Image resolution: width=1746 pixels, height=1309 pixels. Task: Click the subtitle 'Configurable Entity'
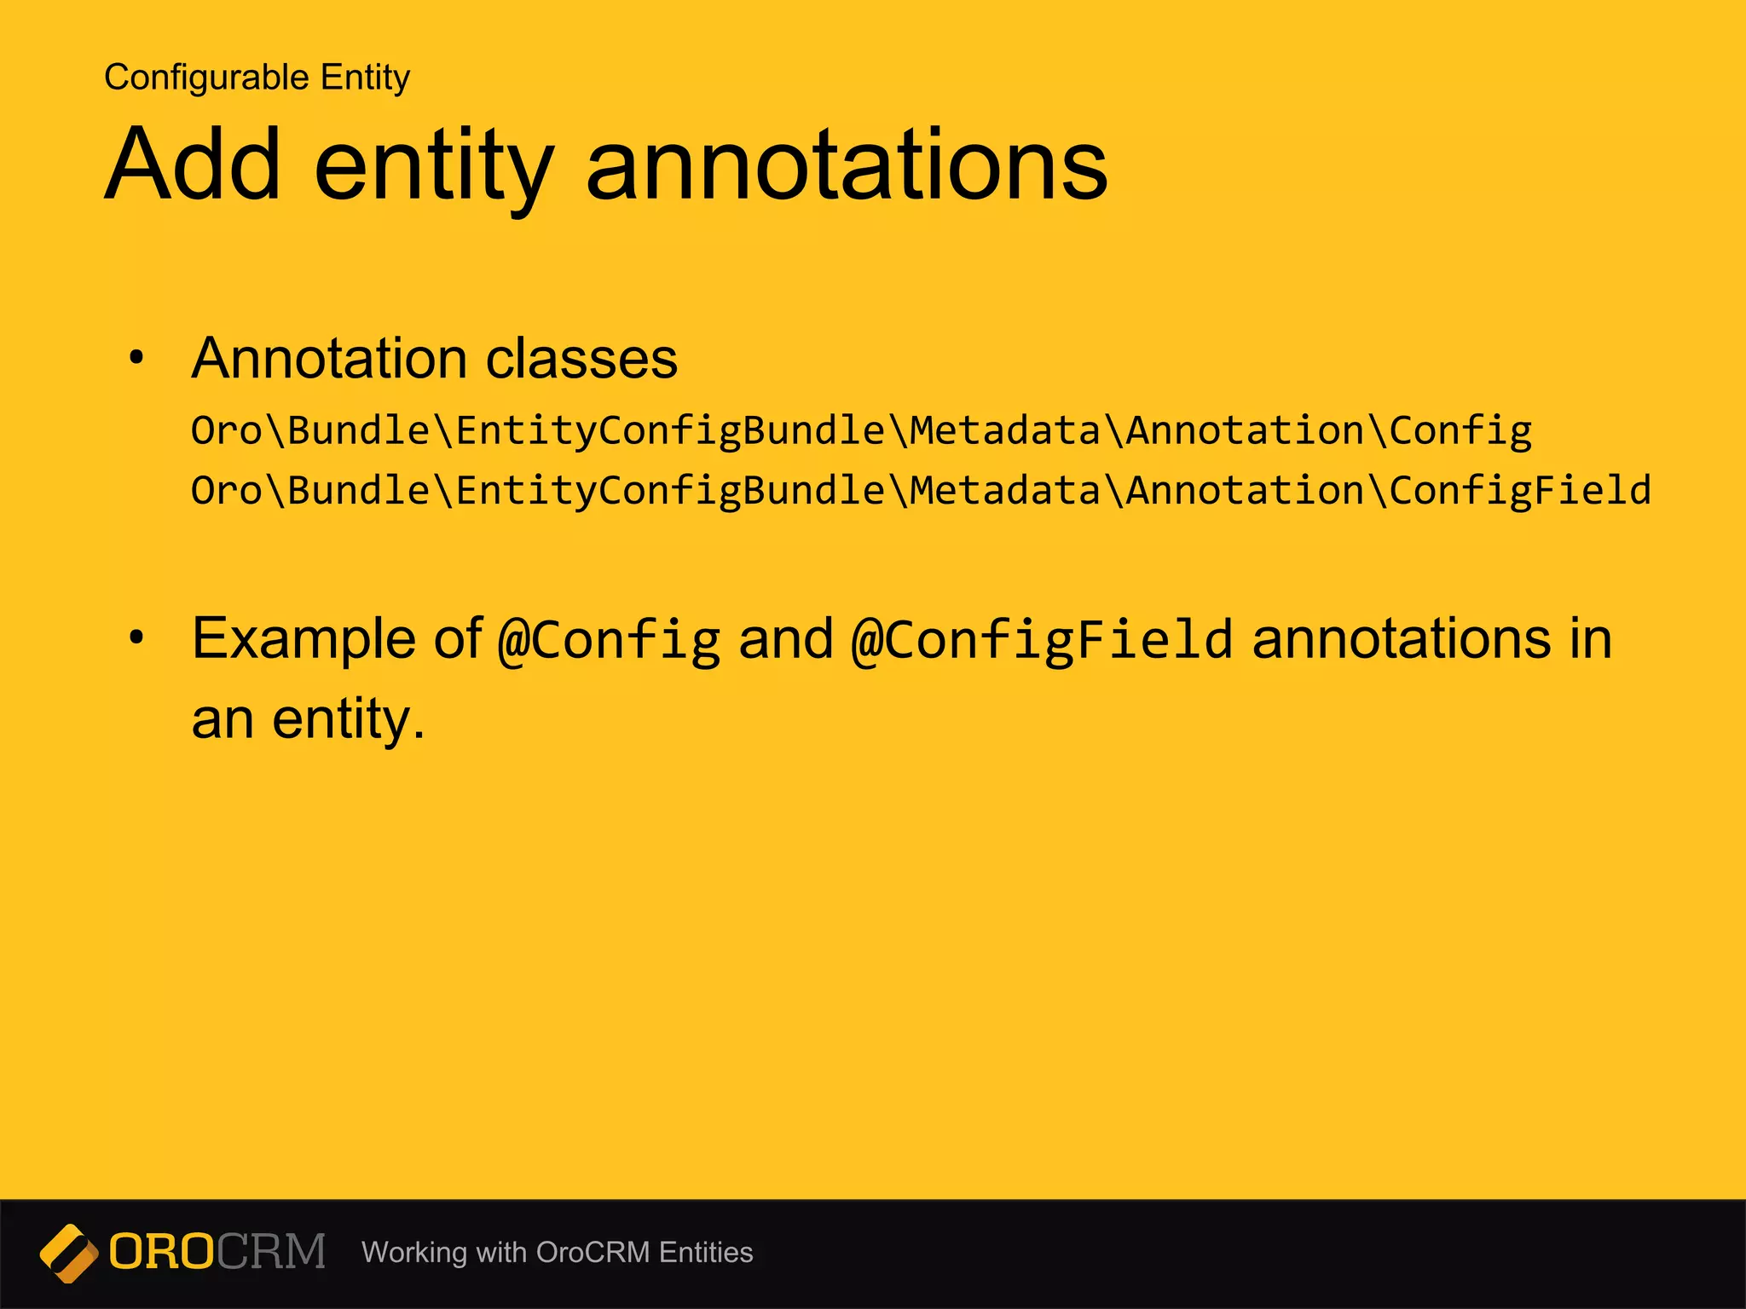257,78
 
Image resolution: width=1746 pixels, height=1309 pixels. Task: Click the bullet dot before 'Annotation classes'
136,358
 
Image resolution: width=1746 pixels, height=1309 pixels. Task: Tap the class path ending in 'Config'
861,431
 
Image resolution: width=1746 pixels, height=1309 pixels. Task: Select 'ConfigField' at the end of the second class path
1520,491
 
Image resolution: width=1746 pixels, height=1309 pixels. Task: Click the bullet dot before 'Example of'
136,637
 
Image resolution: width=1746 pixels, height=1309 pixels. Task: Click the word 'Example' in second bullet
303,639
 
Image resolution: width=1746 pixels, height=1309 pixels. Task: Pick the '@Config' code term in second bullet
610,641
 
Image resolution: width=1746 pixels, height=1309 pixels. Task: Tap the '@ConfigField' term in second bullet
1042,641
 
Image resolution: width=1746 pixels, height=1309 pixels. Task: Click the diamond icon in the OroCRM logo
69,1253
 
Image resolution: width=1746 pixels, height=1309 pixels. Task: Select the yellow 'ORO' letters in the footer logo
161,1252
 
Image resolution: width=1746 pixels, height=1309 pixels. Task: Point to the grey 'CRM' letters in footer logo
271,1252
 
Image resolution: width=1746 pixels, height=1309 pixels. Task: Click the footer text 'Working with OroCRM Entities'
557,1253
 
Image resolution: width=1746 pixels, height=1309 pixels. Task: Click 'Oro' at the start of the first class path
227,431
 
